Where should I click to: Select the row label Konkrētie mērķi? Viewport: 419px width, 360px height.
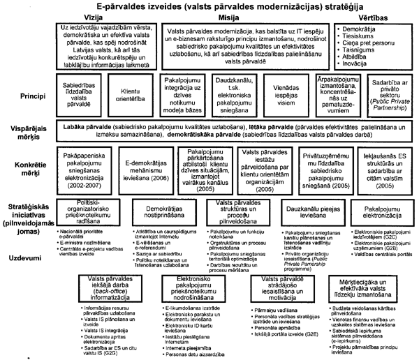point(22,165)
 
